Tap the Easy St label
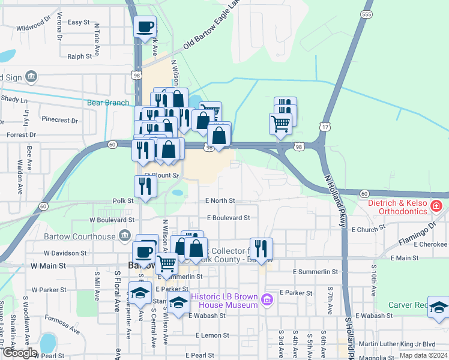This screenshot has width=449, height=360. (79, 22)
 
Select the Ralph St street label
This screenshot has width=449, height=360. (79, 56)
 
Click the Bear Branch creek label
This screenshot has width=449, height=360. (108, 103)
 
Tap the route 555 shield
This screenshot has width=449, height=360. (367, 14)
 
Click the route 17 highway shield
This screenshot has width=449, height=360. (325, 127)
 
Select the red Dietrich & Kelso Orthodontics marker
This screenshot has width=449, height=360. (436, 206)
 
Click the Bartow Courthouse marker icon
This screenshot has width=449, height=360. (125, 235)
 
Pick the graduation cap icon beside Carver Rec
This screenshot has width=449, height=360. (439, 307)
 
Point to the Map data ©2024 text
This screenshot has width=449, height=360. (423, 355)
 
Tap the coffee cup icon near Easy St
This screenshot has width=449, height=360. (145, 27)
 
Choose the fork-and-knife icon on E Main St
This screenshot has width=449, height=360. (261, 247)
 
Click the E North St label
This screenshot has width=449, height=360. (220, 201)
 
